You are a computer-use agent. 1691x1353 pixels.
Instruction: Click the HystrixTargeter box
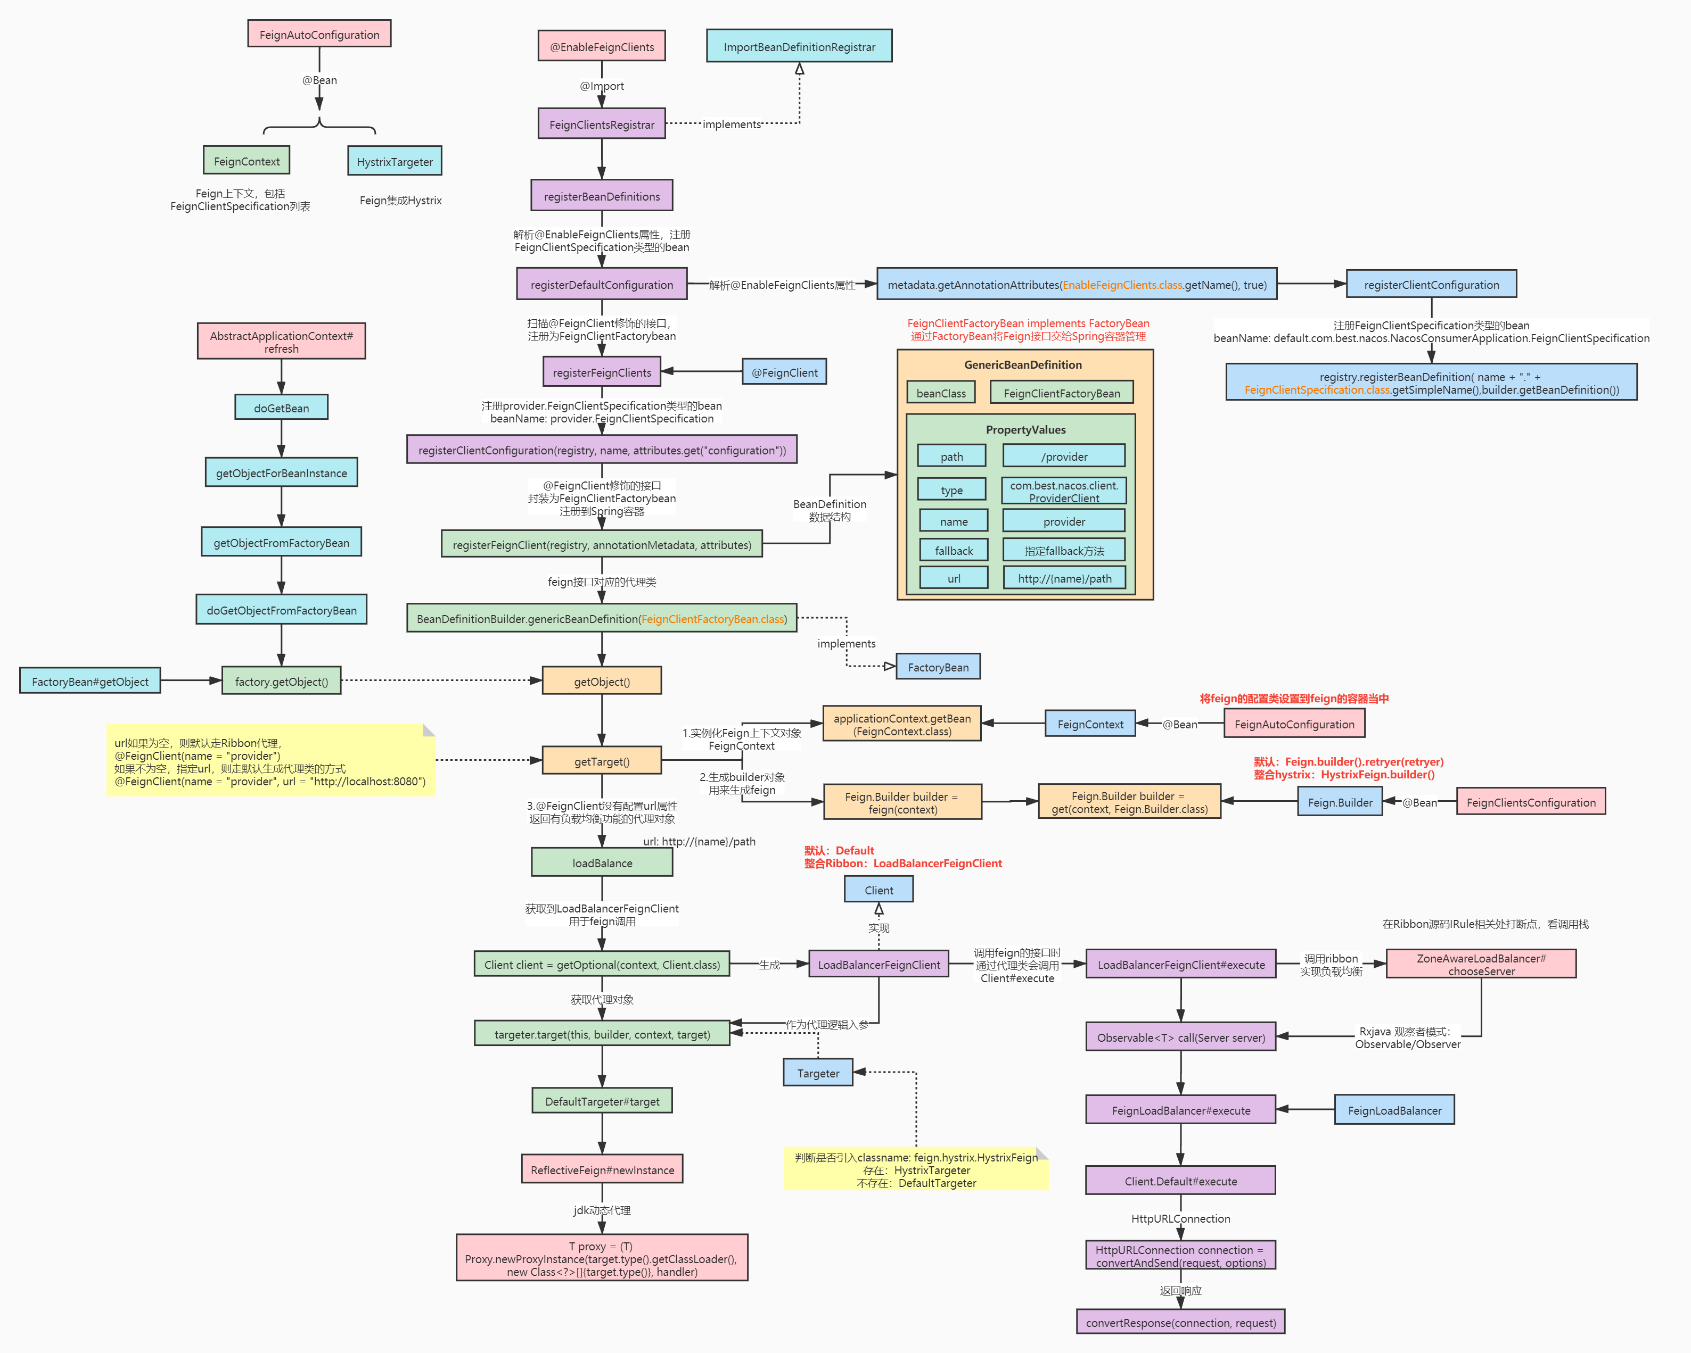coord(395,162)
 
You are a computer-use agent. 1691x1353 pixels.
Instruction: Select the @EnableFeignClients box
coord(602,47)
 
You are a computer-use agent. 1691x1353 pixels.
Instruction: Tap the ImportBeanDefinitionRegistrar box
coord(799,47)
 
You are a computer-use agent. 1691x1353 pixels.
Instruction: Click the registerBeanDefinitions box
coord(602,196)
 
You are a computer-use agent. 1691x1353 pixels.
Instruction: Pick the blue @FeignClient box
coord(784,372)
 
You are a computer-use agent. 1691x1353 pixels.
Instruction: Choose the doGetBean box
coord(281,408)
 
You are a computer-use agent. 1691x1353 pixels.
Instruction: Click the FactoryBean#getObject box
coord(89,681)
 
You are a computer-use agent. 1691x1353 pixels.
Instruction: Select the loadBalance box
coord(602,862)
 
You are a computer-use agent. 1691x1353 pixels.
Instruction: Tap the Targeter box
coord(817,1073)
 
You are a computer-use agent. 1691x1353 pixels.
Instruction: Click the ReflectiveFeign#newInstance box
coord(602,1169)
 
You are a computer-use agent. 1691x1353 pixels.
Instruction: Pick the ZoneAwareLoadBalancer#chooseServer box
coord(1481,964)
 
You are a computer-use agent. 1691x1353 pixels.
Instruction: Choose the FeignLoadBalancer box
coord(1394,1110)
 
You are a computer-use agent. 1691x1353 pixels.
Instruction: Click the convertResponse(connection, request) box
coord(1180,1323)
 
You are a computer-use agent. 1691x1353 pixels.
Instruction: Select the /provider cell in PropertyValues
coord(1064,456)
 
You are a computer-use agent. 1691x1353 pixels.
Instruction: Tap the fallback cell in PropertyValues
coord(953,550)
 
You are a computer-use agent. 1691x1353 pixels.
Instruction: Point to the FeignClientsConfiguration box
coord(1530,802)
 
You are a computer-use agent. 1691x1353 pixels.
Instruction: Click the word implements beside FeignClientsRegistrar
coord(731,124)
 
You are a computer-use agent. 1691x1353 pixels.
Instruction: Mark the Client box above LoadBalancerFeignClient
coord(879,890)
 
